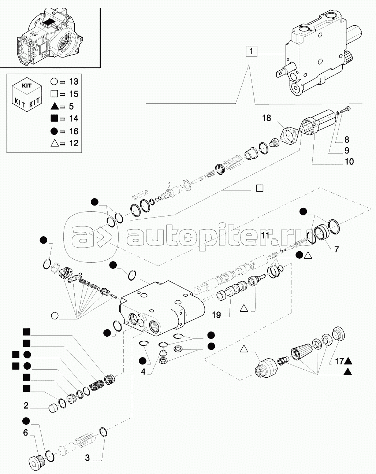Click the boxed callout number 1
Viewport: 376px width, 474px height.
click(x=252, y=51)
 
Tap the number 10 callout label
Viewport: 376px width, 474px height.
click(x=349, y=161)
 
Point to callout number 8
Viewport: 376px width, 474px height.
click(x=347, y=139)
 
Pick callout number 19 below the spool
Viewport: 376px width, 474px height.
click(x=216, y=314)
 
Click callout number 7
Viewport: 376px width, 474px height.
click(x=336, y=249)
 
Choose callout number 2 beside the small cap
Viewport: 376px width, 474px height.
click(x=26, y=406)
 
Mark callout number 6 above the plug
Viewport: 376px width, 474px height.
click(x=26, y=433)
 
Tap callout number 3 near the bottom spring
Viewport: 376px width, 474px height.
click(x=87, y=458)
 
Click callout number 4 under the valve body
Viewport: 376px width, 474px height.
click(x=143, y=371)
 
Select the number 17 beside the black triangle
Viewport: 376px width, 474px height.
click(x=338, y=361)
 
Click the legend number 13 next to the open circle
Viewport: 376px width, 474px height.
click(x=73, y=82)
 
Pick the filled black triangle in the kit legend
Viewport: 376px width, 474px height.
click(x=54, y=106)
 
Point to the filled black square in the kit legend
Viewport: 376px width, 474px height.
click(x=54, y=119)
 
